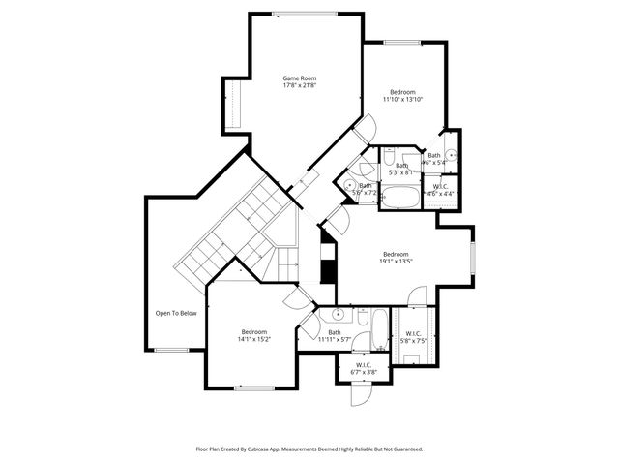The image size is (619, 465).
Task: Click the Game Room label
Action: [299, 77]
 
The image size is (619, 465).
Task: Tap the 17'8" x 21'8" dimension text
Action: [299, 86]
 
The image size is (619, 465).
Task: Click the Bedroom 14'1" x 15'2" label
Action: [254, 335]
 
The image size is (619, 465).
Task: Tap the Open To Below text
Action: [176, 313]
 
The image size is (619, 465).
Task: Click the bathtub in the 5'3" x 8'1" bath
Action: [399, 197]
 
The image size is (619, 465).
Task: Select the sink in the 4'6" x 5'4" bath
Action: [451, 155]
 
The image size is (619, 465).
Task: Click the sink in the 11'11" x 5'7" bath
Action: [338, 315]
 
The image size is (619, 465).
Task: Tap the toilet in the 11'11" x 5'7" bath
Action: [360, 316]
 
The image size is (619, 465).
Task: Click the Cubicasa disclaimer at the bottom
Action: [309, 449]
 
